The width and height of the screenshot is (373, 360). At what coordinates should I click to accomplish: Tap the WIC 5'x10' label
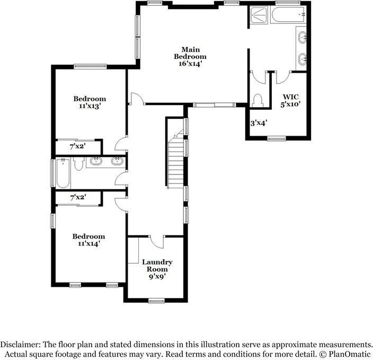pos(291,100)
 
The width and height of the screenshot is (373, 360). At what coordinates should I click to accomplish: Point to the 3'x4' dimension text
pos(259,123)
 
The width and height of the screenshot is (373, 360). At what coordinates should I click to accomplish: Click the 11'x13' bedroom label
pos(89,102)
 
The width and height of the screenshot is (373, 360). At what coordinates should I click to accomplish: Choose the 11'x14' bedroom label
pos(88,240)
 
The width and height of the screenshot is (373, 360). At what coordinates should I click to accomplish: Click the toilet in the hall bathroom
pos(78,164)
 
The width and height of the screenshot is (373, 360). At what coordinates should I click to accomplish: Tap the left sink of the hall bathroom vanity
pos(96,161)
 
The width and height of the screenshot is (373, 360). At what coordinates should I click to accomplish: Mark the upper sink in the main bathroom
pos(303,38)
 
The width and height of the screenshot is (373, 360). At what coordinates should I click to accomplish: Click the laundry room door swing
pos(157,241)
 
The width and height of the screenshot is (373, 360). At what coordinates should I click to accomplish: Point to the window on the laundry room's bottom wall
pos(155,301)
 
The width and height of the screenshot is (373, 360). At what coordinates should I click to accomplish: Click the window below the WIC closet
pos(275,139)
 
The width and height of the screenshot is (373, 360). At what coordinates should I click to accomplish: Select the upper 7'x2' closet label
pos(77,146)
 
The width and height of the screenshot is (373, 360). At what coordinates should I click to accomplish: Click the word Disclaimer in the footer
pos(24,344)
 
